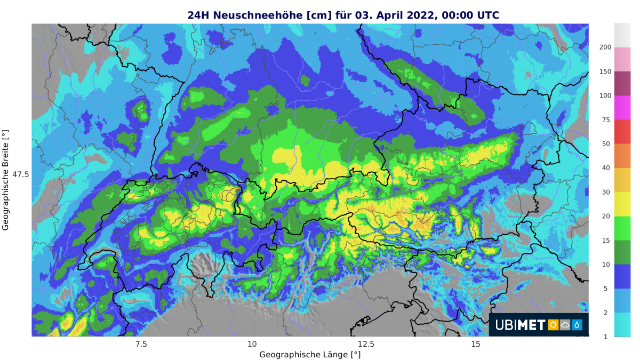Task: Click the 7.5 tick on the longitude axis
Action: coord(141,343)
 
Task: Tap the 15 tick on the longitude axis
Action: coord(476,343)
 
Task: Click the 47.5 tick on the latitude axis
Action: coord(20,174)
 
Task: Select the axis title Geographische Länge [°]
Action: coord(310,354)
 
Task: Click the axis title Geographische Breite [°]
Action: coord(6,180)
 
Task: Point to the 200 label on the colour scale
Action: coord(605,47)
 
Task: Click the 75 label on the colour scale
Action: coord(605,120)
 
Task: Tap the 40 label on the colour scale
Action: coord(605,168)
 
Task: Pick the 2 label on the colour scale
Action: coord(605,313)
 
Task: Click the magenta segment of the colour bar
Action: coord(622,108)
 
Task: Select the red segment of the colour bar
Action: coord(622,132)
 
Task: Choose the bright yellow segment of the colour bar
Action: coord(622,204)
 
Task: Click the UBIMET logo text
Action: coord(520,325)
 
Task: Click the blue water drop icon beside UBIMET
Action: coord(577,325)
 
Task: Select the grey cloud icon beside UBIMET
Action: coord(565,325)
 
